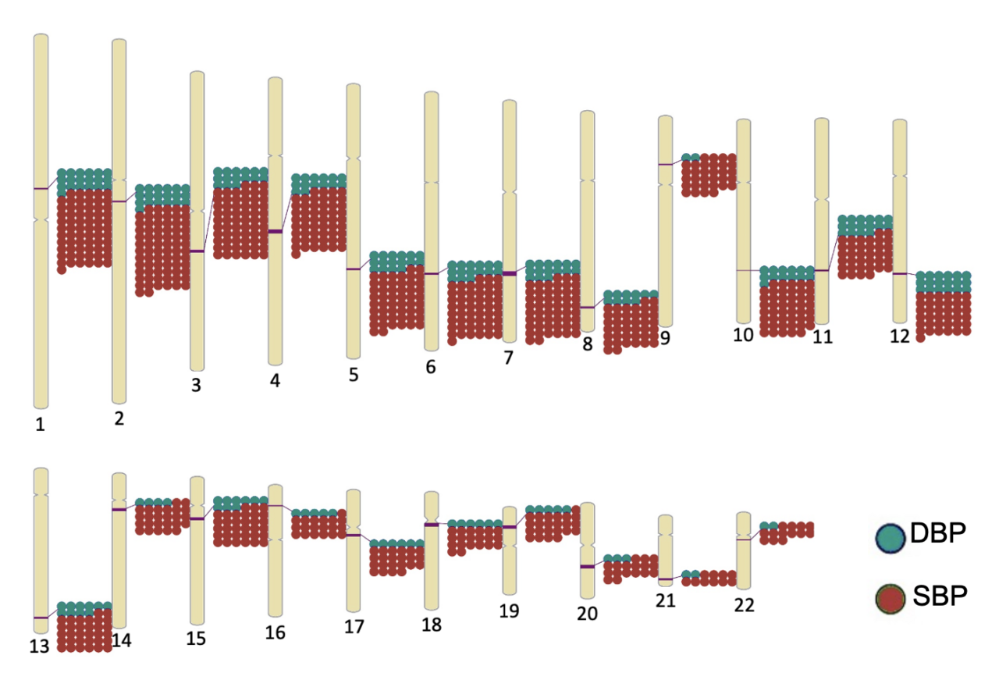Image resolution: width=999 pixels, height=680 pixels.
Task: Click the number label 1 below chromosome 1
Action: pos(40,425)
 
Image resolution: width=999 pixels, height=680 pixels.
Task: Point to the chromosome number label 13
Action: pos(40,646)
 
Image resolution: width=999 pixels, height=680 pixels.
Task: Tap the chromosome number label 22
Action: pos(744,605)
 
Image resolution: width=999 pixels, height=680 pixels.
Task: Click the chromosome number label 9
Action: pos(665,338)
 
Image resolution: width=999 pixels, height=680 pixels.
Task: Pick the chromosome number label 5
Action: pos(354,375)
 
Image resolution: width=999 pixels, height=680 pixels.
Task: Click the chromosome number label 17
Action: pos(354,627)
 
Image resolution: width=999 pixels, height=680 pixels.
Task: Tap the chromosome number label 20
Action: pos(587,614)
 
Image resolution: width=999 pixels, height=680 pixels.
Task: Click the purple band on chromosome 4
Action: pos(275,231)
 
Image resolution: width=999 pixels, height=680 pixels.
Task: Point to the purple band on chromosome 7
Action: pos(509,273)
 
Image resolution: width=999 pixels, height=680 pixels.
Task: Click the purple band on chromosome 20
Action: pos(587,567)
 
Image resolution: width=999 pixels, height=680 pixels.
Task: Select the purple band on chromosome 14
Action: pos(119,510)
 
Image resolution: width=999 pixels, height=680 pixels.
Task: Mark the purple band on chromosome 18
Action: pos(431,525)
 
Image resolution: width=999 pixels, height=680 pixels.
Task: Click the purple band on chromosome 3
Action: pos(197,251)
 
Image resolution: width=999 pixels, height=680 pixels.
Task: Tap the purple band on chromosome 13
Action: pos(41,618)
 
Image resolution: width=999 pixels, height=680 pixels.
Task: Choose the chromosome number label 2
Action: pos(119,419)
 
